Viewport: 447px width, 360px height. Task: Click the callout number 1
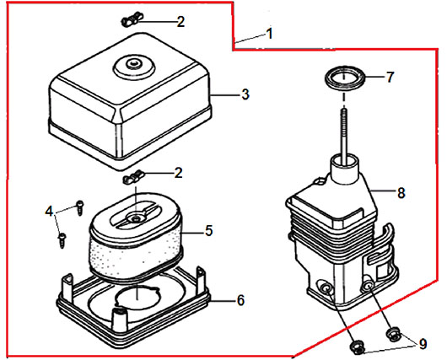point(269,34)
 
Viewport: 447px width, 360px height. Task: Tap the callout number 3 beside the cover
point(245,94)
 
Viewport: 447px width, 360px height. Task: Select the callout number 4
point(49,212)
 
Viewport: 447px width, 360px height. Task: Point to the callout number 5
point(209,230)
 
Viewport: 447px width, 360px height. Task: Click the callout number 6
point(241,300)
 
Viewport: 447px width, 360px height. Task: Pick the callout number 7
point(390,78)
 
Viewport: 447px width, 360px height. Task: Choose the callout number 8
point(401,193)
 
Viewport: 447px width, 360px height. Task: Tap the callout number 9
point(423,343)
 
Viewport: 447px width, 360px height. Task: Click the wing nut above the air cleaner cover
point(132,19)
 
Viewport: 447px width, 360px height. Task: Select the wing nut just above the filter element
point(133,177)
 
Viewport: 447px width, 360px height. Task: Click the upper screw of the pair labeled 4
point(80,207)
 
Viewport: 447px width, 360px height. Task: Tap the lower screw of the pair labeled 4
point(62,240)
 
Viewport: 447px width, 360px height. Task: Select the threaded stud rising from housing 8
point(345,134)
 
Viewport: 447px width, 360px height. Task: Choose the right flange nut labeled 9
point(395,335)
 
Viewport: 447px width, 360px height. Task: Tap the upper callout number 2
point(180,22)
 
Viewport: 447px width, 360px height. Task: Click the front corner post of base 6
point(120,320)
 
